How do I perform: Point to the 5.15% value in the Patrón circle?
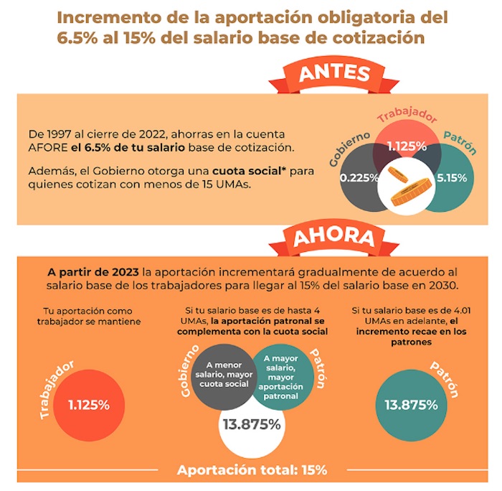[x=452, y=176]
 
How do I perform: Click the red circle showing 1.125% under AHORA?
[x=89, y=404]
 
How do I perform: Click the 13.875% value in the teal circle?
[x=411, y=404]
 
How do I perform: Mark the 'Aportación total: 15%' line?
[x=252, y=471]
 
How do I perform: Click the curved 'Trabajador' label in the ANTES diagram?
[x=407, y=119]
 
